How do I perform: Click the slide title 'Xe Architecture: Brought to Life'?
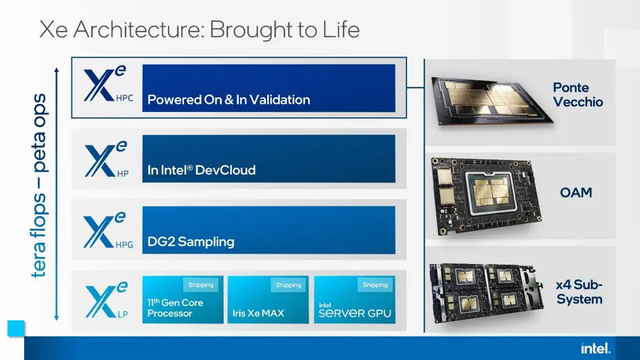[x=199, y=30]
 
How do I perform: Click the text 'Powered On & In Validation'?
[x=229, y=100]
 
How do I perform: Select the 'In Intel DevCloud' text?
[x=201, y=170]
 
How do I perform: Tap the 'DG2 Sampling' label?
[x=191, y=241]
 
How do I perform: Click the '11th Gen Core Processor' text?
[x=175, y=308]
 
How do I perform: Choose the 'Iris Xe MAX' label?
[x=257, y=313]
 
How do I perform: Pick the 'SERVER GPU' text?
[x=355, y=313]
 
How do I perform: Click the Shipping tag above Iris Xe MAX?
[x=287, y=285]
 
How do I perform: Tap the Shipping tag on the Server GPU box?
[x=375, y=285]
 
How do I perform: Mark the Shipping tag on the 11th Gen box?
[x=201, y=285]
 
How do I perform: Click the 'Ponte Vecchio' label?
[x=579, y=95]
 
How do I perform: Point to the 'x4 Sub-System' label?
[x=579, y=292]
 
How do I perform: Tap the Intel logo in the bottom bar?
[x=595, y=348]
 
